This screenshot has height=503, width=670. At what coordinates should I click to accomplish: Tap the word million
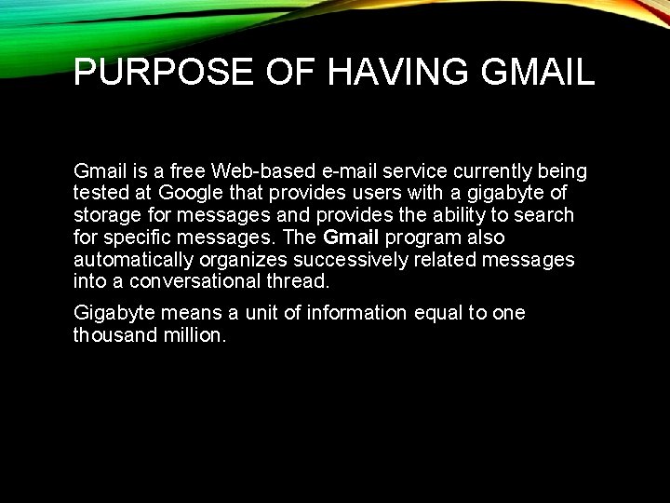(194, 335)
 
